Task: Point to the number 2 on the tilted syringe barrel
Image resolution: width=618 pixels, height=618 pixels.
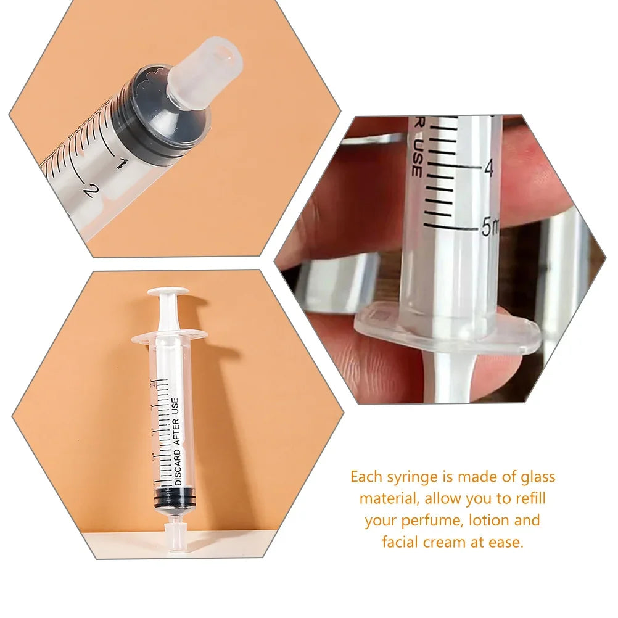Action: pos(91,190)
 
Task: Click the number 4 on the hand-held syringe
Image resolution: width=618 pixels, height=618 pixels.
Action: pos(489,168)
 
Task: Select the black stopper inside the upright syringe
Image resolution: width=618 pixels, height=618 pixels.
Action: pos(170,497)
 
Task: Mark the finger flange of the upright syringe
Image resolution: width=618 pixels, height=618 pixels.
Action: pos(169,336)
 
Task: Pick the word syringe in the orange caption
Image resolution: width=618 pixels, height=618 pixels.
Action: pos(410,477)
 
